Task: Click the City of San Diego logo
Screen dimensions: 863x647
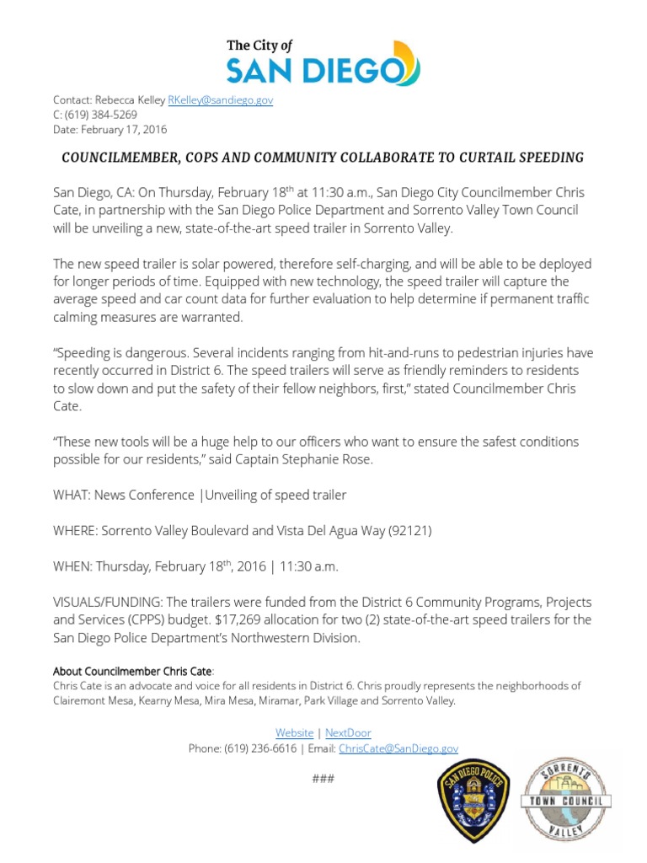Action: [x=323, y=61]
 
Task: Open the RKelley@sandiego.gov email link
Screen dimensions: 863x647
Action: [x=221, y=99]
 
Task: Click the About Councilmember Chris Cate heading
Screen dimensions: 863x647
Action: [x=133, y=671]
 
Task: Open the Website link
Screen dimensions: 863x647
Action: [x=294, y=733]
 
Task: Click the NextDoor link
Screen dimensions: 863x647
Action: [x=348, y=733]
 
